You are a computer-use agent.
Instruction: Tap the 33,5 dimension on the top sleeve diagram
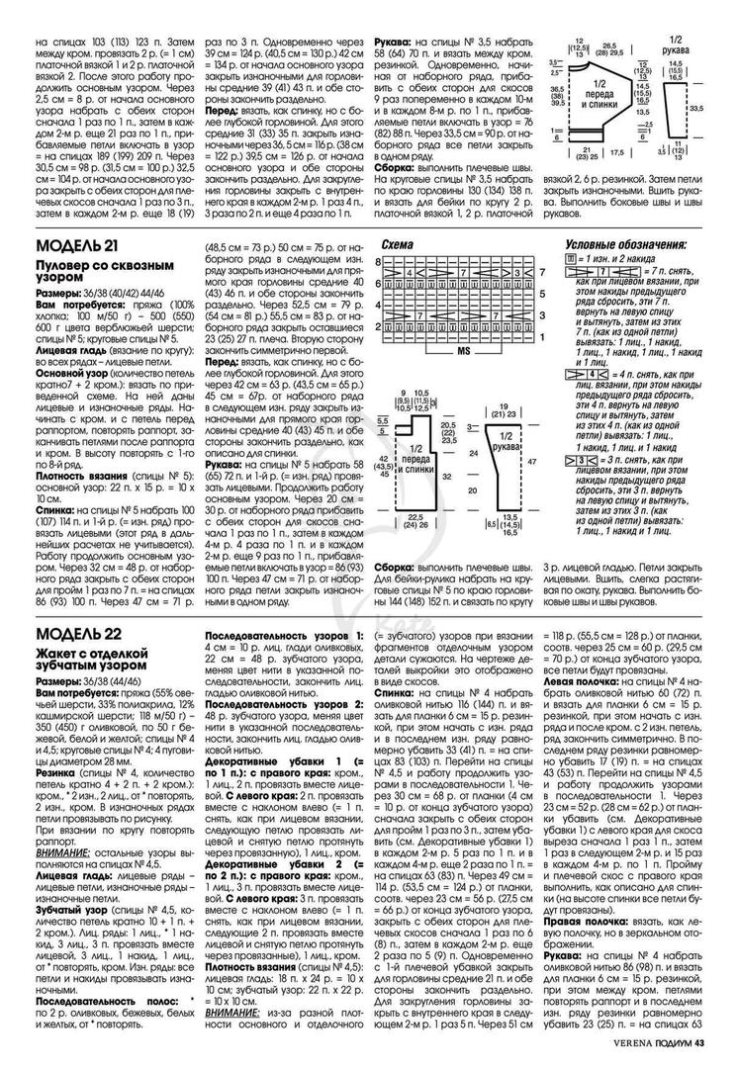(695, 109)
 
